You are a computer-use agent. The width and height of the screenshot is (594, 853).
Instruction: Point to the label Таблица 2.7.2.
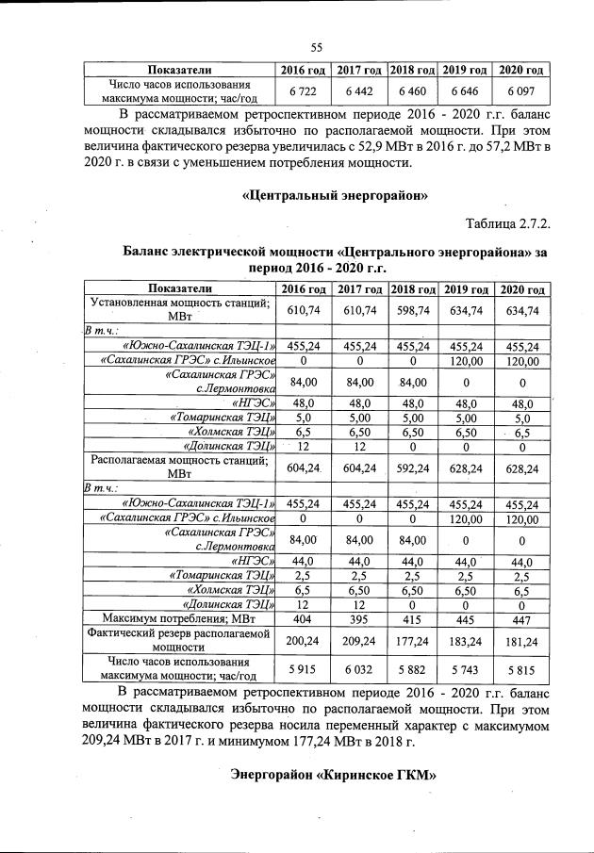tap(506, 223)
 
